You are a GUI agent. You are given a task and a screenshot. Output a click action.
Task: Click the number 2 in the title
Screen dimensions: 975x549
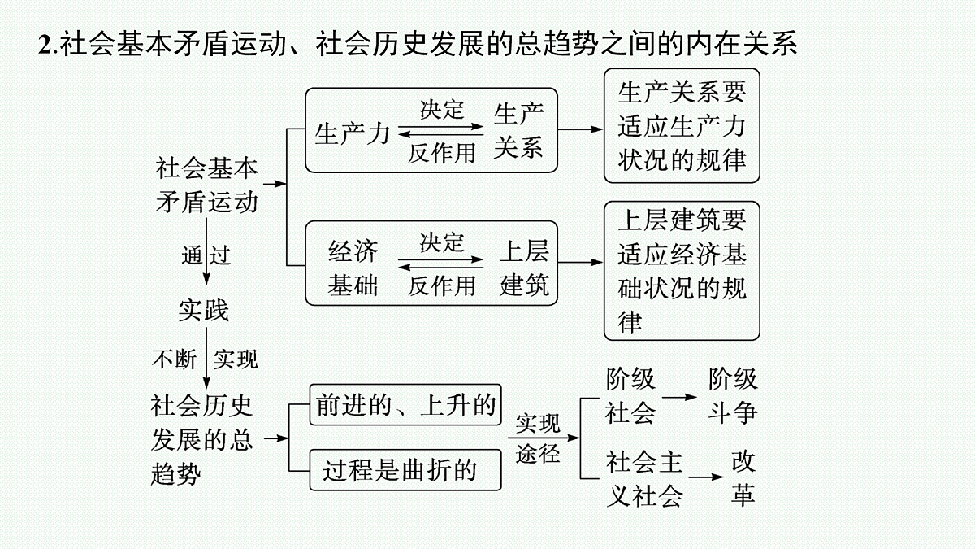click(45, 44)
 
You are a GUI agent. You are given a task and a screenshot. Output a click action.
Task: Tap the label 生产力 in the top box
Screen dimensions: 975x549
click(352, 133)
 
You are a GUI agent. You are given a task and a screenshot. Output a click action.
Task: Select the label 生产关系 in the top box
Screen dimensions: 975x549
click(518, 131)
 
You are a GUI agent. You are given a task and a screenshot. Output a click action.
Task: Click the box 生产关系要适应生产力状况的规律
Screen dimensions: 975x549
click(682, 125)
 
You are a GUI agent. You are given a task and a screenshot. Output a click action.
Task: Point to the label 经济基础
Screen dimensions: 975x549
click(353, 268)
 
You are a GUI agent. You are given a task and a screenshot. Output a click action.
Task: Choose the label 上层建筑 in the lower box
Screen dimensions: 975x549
click(524, 268)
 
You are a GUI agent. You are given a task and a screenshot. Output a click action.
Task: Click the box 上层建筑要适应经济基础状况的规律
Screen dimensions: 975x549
click(682, 271)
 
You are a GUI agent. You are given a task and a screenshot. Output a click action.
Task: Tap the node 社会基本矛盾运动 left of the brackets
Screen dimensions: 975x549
click(207, 185)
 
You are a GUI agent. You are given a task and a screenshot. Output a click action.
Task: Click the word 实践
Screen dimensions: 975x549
click(203, 310)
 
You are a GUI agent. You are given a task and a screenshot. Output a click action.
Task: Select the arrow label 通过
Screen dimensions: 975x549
click(206, 255)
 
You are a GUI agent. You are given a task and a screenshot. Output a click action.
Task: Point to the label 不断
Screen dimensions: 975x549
click(174, 359)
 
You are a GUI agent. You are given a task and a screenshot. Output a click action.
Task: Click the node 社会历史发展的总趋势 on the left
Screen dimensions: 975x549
click(202, 440)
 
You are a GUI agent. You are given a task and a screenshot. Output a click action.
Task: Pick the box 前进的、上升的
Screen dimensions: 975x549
click(405, 405)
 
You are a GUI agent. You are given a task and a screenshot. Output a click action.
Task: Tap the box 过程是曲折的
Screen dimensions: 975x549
click(405, 470)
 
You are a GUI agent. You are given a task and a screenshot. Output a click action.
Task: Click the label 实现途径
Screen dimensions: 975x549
click(538, 438)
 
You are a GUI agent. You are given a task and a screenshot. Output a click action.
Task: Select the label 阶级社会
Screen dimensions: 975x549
click(630, 396)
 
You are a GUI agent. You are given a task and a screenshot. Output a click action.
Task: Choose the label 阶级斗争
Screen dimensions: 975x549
click(733, 396)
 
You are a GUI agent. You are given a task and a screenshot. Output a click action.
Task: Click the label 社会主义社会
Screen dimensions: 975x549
click(644, 479)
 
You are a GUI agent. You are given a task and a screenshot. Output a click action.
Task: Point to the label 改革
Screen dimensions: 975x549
click(743, 478)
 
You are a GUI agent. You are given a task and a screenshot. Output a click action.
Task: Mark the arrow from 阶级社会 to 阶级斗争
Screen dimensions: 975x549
click(679, 397)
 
